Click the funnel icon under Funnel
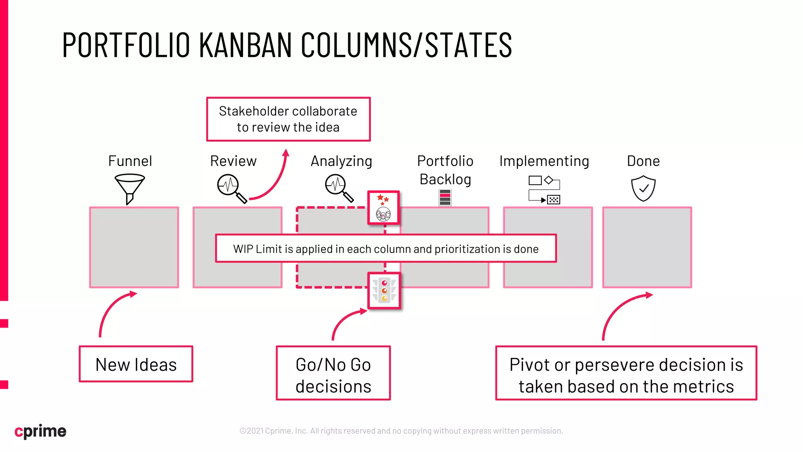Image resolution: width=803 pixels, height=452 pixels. (x=129, y=189)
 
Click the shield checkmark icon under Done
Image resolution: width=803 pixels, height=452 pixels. (x=643, y=188)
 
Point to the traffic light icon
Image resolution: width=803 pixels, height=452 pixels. (x=384, y=290)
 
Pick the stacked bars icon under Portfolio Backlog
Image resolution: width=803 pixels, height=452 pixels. (x=445, y=197)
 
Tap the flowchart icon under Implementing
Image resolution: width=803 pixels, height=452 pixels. (x=544, y=190)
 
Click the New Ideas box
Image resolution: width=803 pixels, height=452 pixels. (x=136, y=364)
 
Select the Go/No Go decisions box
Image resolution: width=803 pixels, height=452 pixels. (x=333, y=373)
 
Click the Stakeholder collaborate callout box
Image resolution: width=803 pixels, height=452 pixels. (x=288, y=119)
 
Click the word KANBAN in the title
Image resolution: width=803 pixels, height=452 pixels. (x=245, y=45)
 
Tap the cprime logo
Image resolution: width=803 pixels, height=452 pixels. (x=40, y=431)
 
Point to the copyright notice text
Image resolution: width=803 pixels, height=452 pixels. (x=401, y=431)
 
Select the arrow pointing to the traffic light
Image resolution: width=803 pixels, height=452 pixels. (x=345, y=320)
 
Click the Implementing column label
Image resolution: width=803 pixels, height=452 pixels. (x=544, y=161)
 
